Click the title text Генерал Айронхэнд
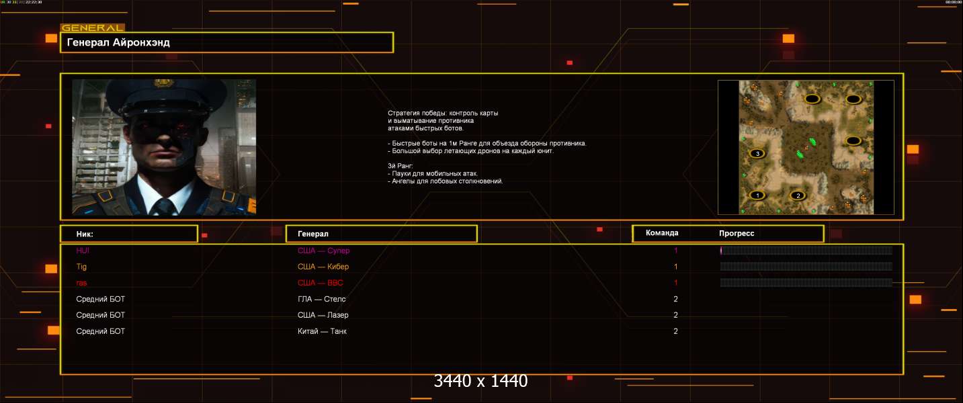[118, 43]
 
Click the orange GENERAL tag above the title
[92, 28]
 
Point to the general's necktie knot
[163, 204]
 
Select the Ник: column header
[85, 234]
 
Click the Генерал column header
[313, 234]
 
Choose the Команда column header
[662, 233]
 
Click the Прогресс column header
[737, 233]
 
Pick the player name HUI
[83, 251]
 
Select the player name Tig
[81, 267]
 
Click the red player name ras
[81, 283]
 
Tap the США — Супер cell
[323, 251]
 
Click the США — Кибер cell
[323, 267]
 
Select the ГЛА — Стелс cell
[321, 299]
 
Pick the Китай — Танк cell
[322, 331]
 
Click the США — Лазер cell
[323, 315]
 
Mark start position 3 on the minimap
[758, 154]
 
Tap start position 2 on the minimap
[798, 195]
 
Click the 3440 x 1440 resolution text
[480, 381]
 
